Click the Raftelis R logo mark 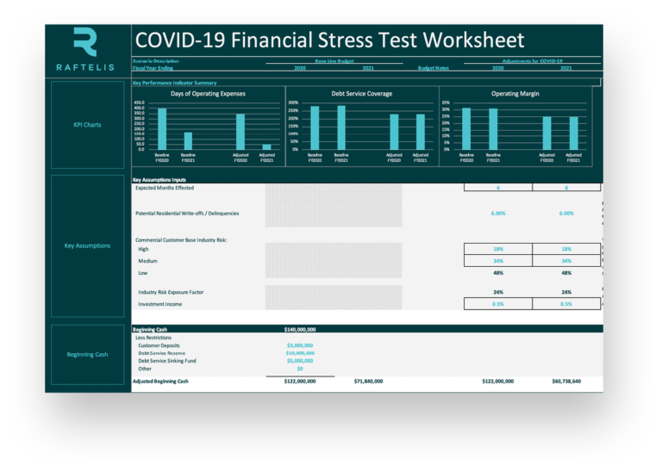(85, 42)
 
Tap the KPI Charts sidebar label (86, 125)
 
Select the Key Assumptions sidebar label (87, 245)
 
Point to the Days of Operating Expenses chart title (208, 93)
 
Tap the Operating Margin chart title (515, 93)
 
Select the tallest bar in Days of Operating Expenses (162, 128)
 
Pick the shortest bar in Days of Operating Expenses (266, 146)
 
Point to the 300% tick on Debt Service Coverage (293, 102)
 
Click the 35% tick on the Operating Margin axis (445, 102)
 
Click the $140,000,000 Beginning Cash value (300, 329)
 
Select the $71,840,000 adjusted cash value (368, 381)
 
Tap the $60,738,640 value (566, 381)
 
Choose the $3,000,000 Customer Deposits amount (300, 345)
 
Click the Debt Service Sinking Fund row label (167, 361)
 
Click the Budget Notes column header (433, 67)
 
